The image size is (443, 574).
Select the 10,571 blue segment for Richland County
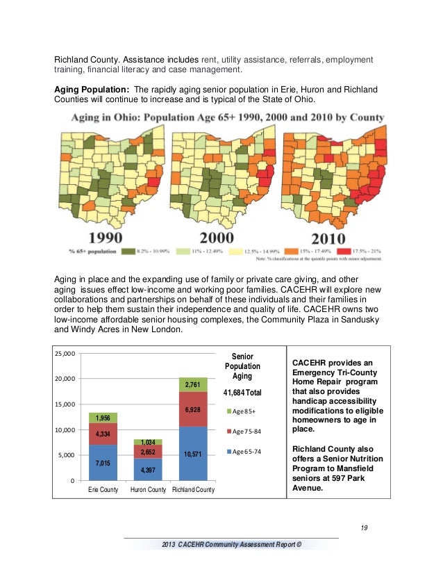coord(192,454)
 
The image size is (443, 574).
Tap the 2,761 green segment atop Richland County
coord(192,384)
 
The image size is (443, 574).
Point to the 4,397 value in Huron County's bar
coord(148,470)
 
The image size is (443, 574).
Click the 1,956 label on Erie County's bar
coord(103,418)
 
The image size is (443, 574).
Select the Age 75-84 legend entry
coord(246,432)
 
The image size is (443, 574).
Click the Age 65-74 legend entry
coord(246,452)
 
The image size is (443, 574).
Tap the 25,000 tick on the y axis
coord(66,354)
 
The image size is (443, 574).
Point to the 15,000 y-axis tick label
coord(66,404)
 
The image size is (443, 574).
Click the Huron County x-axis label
coord(147,491)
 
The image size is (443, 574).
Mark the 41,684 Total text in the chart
coord(243,393)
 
